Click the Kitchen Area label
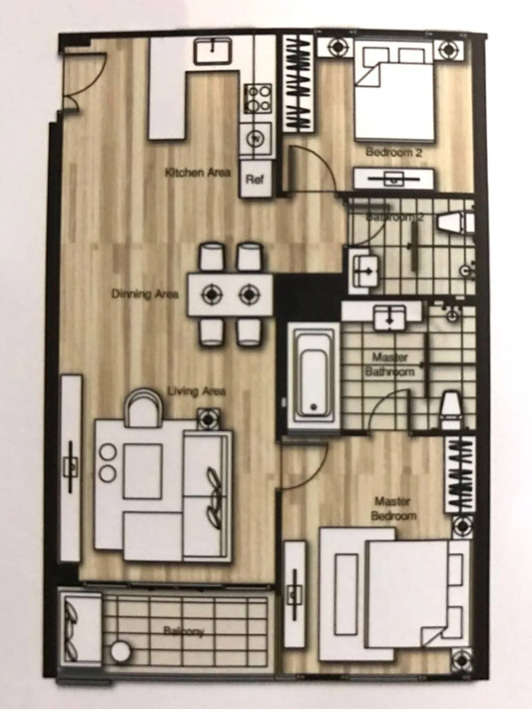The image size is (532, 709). (198, 172)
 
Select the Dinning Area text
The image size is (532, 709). (145, 294)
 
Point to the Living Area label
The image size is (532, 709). (196, 391)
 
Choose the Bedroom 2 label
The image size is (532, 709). (394, 153)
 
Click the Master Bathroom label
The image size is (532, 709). (390, 364)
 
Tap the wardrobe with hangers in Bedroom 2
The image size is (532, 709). (300, 84)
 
